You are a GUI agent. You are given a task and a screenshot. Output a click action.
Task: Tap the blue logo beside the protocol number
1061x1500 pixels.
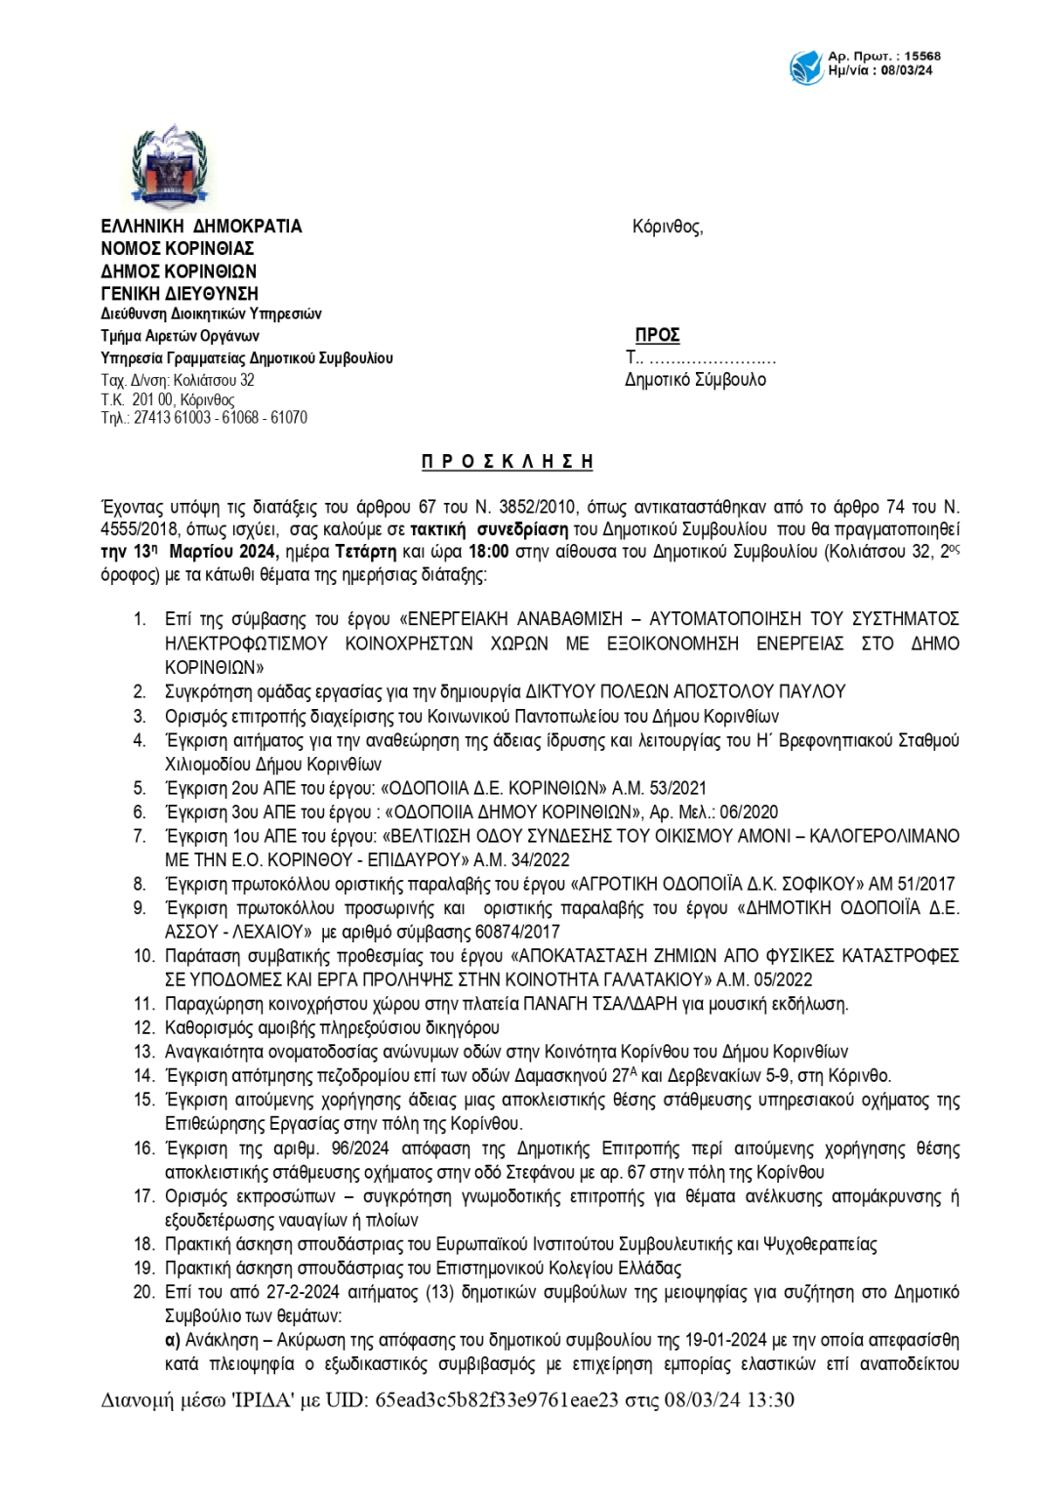tap(806, 66)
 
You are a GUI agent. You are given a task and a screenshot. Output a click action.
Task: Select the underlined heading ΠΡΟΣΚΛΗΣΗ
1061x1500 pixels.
tap(507, 462)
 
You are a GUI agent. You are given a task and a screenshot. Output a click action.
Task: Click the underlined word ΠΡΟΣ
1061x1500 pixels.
tap(657, 335)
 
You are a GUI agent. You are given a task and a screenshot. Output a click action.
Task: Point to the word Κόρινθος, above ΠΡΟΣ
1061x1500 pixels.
tap(667, 227)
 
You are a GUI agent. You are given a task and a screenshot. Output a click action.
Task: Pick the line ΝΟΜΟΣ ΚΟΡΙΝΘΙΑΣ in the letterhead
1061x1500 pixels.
tap(178, 249)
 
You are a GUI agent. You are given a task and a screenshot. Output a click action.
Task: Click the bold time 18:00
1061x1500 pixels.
tap(488, 552)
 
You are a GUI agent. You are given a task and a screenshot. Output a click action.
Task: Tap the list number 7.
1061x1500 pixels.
tap(140, 836)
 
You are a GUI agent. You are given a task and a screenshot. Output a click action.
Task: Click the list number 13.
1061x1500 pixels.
tap(143, 1052)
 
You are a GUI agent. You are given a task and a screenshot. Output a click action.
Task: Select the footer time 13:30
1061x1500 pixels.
tap(770, 1399)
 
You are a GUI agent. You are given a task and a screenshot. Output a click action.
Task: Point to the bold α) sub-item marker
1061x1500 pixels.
tap(173, 1340)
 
